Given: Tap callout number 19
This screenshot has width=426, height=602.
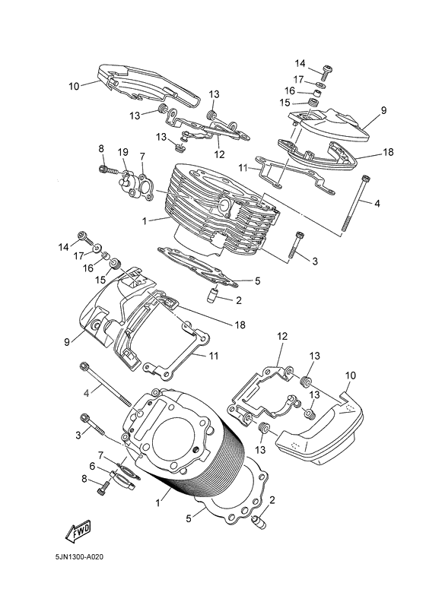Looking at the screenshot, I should pos(122,153).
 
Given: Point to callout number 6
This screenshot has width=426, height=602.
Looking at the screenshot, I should pos(93,466).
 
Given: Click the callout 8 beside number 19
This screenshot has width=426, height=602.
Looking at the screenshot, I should pos(100,148).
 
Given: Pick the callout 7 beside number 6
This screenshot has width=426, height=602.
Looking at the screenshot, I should pos(100,455).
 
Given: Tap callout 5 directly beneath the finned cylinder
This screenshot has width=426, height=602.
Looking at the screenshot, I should pos(257,280).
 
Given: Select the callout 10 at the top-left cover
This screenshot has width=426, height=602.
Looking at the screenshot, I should pos(74,86).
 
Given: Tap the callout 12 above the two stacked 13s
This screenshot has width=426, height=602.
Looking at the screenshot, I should pos(281,336).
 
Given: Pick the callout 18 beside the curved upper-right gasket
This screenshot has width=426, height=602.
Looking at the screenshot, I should pos(388,153).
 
